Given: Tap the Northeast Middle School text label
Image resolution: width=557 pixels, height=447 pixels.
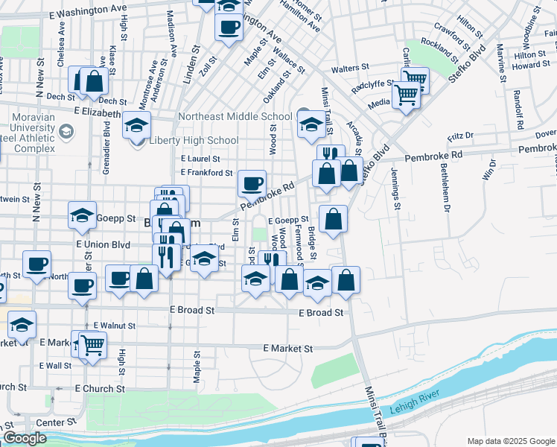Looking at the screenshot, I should tap(235, 117).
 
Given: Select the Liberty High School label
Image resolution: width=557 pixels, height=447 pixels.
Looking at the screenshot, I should tap(194, 141).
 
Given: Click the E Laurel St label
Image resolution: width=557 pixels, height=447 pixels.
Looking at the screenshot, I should tap(200, 159).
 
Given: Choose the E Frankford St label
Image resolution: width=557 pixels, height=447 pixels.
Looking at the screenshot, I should tap(207, 173).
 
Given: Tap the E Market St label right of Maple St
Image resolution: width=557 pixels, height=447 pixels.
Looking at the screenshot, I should tap(289, 348).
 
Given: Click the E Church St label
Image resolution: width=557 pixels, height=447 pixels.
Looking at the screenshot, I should tap(100, 389).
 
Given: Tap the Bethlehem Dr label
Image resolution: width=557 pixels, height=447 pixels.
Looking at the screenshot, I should tap(445, 196).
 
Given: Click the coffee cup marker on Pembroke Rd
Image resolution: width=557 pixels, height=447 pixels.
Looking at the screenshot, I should tap(252, 183).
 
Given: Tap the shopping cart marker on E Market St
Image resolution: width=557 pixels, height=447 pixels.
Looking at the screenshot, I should tap(93, 345).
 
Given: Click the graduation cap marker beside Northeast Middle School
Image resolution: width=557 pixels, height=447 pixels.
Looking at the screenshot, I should tap(311, 125).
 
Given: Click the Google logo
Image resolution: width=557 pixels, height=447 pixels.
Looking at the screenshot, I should tap(25, 438).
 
